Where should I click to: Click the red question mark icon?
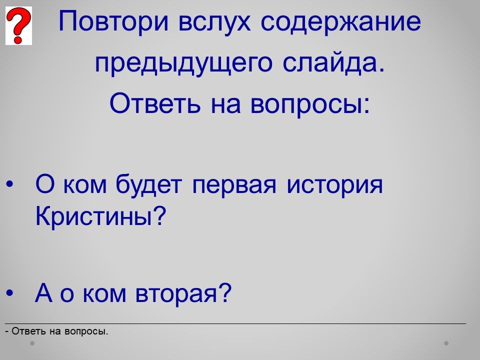pyautogui.click(x=18, y=25)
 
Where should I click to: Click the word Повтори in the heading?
pyautogui.click(x=113, y=21)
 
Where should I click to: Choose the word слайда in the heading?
pyautogui.click(x=333, y=63)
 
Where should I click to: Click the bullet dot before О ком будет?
pyautogui.click(x=10, y=184)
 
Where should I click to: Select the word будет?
pyautogui.click(x=149, y=184)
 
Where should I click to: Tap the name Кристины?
pyautogui.click(x=100, y=216)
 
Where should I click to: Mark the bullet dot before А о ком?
pyautogui.click(x=10, y=292)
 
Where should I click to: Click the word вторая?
pyautogui.click(x=183, y=292)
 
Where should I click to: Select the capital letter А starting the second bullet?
pyautogui.click(x=43, y=292)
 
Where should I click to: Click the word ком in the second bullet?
pyautogui.click(x=104, y=294)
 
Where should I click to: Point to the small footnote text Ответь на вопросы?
pyautogui.click(x=57, y=331)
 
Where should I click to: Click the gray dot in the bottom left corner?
pyautogui.click(x=32, y=343)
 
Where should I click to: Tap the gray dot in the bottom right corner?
pyautogui.click(x=446, y=343)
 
